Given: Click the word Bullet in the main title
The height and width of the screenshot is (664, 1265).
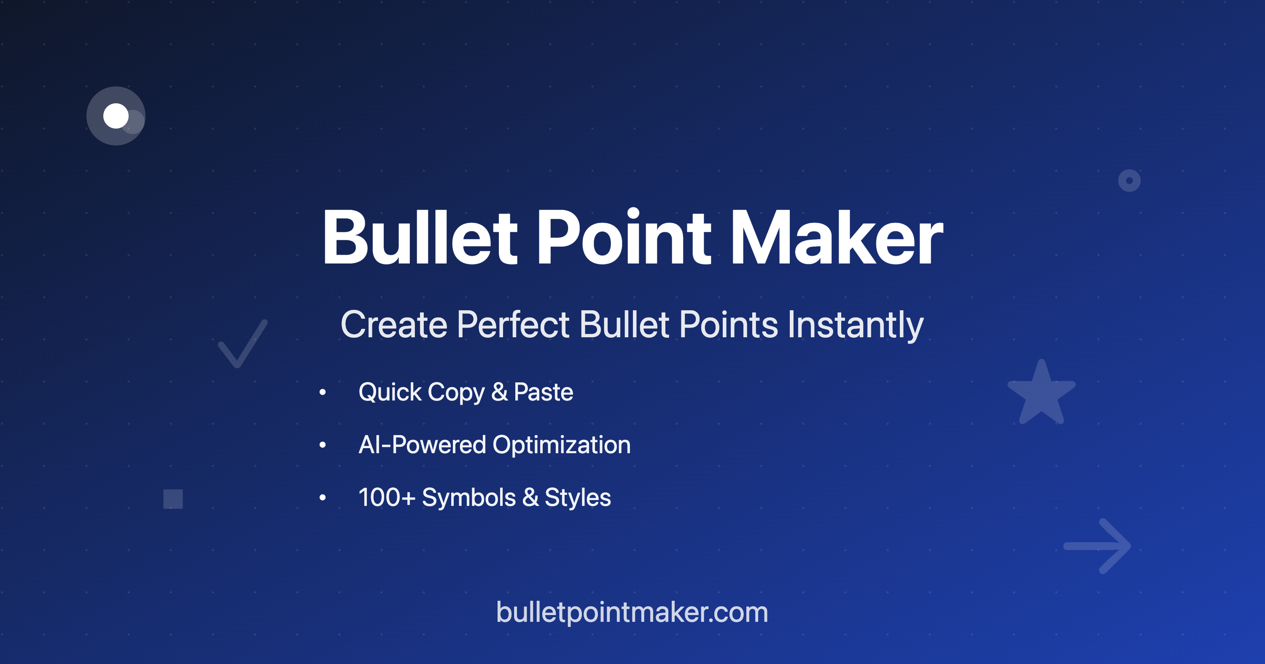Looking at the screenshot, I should [420, 238].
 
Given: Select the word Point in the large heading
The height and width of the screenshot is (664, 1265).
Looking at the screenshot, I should [624, 238].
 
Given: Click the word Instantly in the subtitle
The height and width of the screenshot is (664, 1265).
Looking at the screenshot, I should [856, 325].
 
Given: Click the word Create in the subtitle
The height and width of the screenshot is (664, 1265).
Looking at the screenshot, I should [394, 325].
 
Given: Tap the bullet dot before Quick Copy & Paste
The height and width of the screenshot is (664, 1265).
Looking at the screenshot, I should [323, 392].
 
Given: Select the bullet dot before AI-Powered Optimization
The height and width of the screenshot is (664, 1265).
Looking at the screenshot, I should [323, 445].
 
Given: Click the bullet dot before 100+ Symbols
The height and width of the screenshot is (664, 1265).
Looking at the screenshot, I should [323, 497].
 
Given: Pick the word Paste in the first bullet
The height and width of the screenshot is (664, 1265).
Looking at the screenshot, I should [543, 392].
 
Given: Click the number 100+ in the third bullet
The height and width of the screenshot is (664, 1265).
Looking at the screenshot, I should [387, 497].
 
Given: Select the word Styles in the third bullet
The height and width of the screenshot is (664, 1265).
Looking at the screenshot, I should [578, 498].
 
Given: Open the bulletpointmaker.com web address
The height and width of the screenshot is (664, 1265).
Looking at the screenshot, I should [632, 613].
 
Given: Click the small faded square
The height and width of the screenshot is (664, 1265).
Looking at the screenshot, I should [173, 499].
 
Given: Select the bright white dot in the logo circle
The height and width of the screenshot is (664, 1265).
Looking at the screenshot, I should [116, 116].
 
